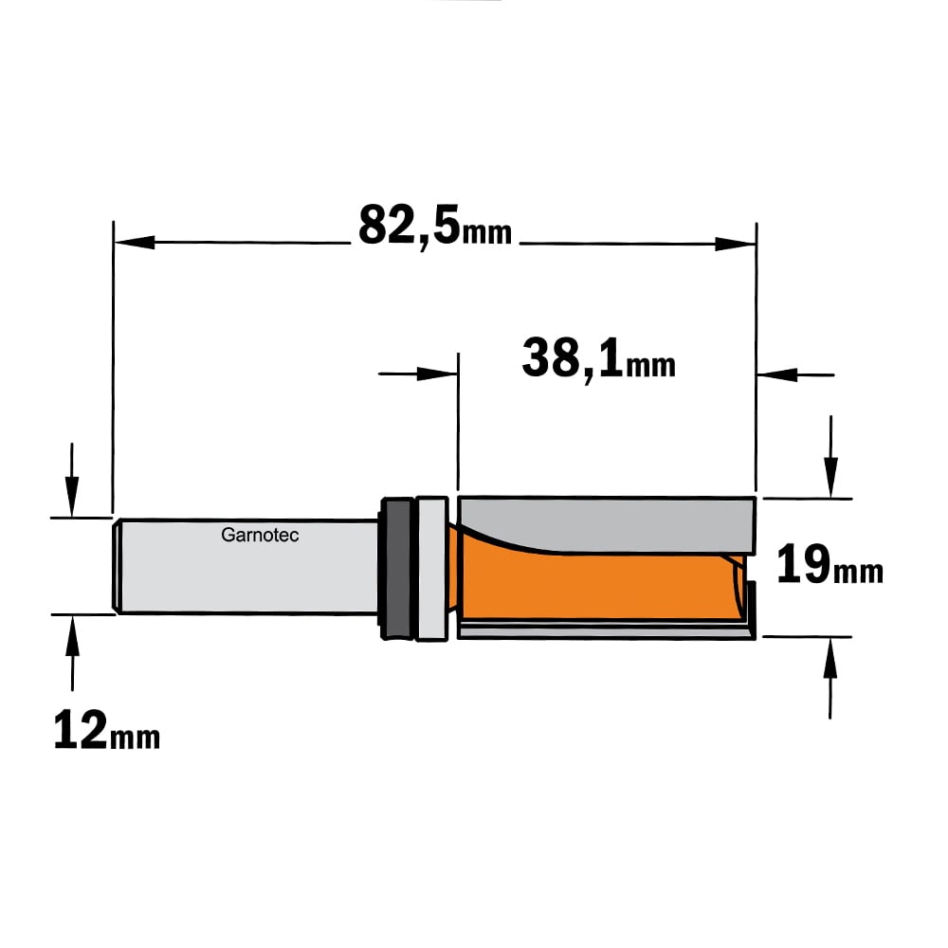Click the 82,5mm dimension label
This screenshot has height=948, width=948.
click(435, 227)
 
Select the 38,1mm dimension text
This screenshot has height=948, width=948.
click(598, 359)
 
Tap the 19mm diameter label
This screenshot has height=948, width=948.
click(829, 565)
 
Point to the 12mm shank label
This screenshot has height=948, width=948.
click(106, 730)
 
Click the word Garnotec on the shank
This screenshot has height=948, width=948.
click(260, 535)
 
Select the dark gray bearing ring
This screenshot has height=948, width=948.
click(396, 568)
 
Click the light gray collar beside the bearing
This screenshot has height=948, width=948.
click(431, 568)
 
